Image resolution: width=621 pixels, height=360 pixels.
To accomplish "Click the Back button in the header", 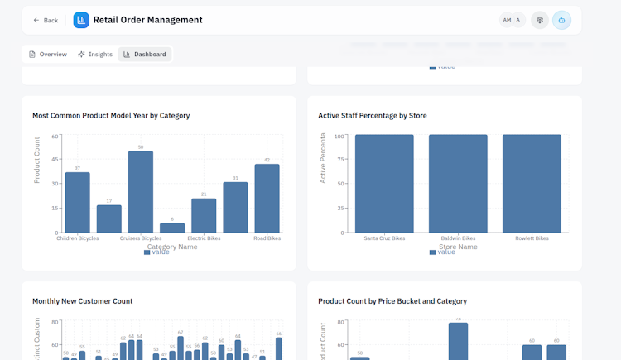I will tap(46, 20).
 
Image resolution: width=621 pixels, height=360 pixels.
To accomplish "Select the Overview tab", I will tap(48, 55).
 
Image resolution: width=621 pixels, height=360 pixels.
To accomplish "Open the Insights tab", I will tap(95, 55).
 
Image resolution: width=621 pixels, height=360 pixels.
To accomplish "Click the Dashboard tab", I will tap(145, 55).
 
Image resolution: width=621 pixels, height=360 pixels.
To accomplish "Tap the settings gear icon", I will tap(540, 20).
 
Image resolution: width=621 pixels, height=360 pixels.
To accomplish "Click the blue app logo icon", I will tap(81, 20).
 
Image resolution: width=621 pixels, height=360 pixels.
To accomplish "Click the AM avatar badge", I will tap(507, 20).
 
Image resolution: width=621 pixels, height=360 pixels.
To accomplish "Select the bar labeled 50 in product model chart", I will tap(141, 191).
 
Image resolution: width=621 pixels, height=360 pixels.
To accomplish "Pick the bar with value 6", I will tap(172, 228).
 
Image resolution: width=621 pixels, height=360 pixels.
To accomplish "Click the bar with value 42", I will tap(267, 198).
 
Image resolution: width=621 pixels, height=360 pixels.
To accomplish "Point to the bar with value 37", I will tap(78, 202).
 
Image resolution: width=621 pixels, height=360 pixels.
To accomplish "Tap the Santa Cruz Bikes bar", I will tap(384, 183).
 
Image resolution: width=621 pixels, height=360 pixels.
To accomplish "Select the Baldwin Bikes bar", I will tap(458, 183).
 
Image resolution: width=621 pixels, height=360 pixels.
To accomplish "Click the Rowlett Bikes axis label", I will tap(532, 238).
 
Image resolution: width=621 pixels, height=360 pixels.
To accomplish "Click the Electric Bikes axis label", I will tap(204, 238).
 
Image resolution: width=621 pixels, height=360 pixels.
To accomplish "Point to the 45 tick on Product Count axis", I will tap(55, 160).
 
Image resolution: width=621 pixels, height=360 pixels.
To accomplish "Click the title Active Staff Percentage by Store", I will tap(373, 116).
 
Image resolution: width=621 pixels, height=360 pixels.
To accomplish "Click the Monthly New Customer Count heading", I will tap(82, 301).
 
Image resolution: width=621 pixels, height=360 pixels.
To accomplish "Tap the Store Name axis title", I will tap(458, 247).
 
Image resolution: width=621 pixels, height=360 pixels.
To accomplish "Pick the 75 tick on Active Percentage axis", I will tap(339, 160).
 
